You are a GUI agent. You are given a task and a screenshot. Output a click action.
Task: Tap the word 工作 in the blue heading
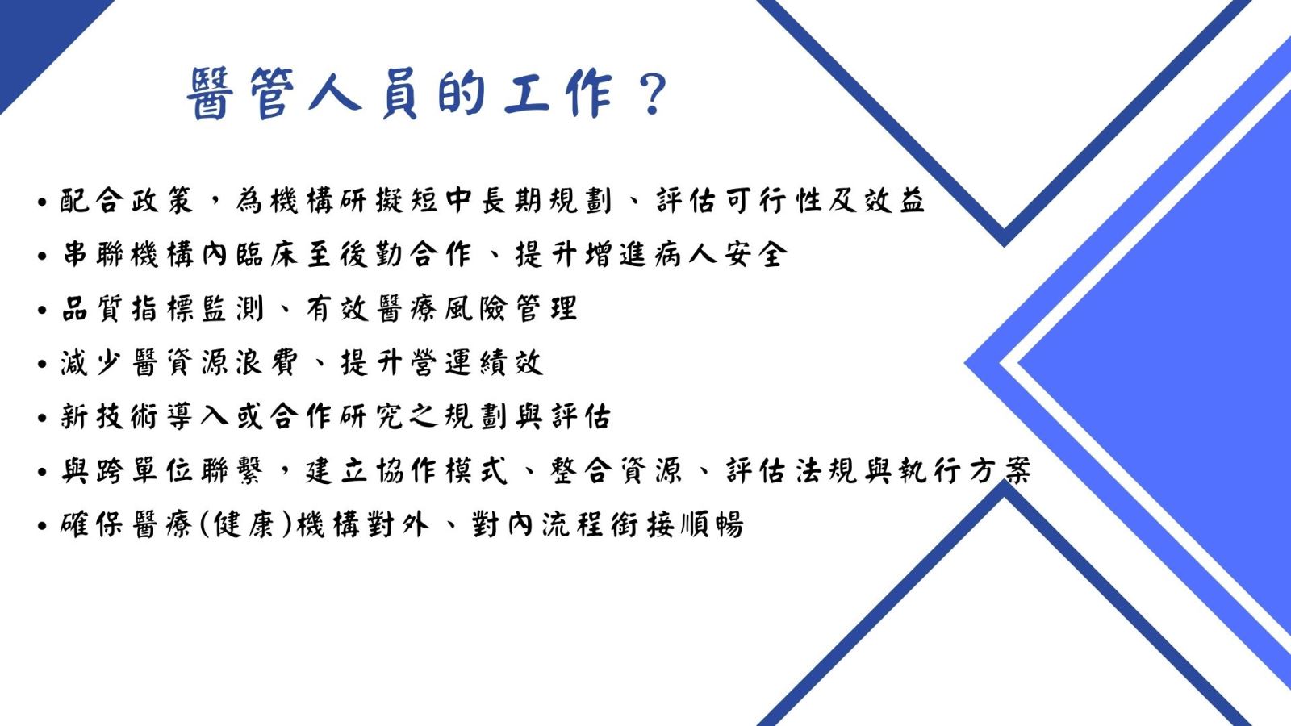coord(558,94)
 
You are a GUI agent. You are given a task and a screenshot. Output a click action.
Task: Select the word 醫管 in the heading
coord(241,94)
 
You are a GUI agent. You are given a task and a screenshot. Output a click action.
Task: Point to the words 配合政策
coord(126,201)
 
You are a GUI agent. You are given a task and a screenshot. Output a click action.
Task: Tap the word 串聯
coord(93,255)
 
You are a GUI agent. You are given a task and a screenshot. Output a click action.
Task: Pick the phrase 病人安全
coord(721,255)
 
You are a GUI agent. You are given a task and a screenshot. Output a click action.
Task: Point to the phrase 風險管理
coord(511,309)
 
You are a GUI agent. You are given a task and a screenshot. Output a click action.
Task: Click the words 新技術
coord(109,416)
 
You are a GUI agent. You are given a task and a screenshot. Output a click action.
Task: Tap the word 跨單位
coord(144,471)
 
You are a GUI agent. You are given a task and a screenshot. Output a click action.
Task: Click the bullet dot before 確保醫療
coord(41,525)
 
